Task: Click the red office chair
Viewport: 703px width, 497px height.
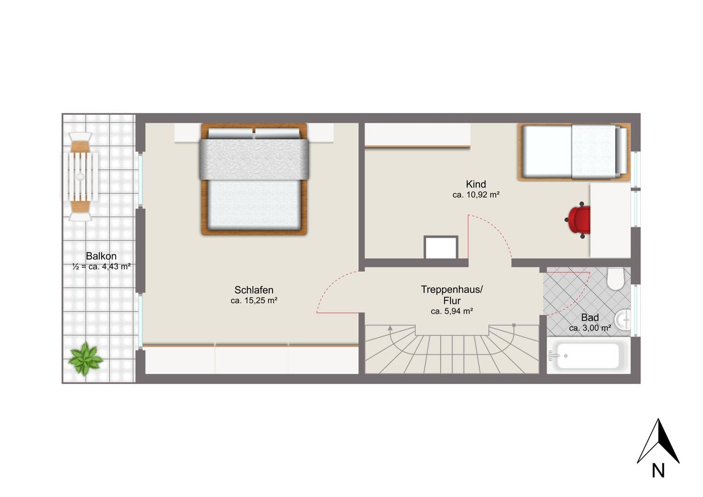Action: [578, 220]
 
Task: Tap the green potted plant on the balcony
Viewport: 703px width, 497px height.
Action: [85, 359]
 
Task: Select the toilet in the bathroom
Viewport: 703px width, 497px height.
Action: [615, 278]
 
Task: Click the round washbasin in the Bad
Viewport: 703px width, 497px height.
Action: [623, 320]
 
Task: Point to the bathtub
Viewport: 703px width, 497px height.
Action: [588, 355]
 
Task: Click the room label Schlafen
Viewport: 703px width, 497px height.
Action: [254, 289]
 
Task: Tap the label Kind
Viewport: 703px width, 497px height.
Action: [476, 184]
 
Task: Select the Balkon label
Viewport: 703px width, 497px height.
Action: [101, 256]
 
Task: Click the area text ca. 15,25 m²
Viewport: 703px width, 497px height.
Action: [254, 300]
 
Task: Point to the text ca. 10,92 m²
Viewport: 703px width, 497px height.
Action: [476, 194]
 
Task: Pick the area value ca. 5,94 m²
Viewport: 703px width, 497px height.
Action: [452, 311]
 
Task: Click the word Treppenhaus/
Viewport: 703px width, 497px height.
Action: [452, 289]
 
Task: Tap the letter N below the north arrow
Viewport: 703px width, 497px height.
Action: [658, 479]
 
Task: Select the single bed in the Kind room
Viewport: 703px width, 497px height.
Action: [574, 152]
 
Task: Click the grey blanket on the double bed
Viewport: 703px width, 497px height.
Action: [254, 159]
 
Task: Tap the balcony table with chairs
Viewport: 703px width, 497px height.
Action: [80, 177]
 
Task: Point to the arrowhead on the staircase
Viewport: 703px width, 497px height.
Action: [390, 328]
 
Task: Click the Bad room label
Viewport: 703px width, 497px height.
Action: [590, 317]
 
